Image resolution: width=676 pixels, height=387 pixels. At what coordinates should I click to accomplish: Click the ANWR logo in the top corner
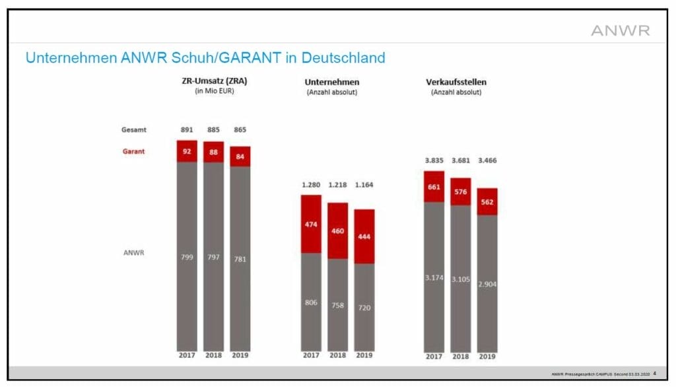pos(620,30)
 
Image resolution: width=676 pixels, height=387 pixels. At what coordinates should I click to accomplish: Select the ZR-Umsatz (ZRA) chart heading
pos(215,81)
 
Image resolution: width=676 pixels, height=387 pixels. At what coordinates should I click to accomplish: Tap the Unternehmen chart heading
pos(331,82)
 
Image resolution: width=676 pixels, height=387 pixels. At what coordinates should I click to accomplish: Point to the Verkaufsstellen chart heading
pos(456,82)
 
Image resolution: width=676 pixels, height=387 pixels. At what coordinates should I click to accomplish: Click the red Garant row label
pos(133,151)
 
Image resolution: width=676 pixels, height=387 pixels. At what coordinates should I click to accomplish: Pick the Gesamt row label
pos(133,129)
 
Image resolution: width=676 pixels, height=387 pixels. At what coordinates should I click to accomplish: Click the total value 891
pos(187,129)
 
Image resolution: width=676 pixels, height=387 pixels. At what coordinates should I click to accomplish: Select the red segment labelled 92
pos(187,151)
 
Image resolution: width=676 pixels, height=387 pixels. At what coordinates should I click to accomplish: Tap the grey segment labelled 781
pos(240,259)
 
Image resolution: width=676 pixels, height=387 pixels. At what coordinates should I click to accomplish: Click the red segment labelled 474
pos(311,225)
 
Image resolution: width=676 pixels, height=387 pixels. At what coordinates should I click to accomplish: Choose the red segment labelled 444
pos(364,236)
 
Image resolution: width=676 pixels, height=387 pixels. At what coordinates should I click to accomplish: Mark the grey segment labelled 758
pos(337,305)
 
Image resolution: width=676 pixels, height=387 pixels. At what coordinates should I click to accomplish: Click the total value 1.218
pos(337,185)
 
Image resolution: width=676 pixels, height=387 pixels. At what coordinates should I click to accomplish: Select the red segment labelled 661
pos(434,186)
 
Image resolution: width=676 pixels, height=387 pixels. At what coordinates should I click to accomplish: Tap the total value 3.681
pos(461,160)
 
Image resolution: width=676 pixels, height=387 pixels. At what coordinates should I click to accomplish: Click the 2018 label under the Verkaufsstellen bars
pos(461,357)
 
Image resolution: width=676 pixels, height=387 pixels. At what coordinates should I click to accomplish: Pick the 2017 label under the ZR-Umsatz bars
pos(187,355)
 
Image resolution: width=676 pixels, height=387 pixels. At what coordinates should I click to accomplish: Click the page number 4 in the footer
pos(654,373)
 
